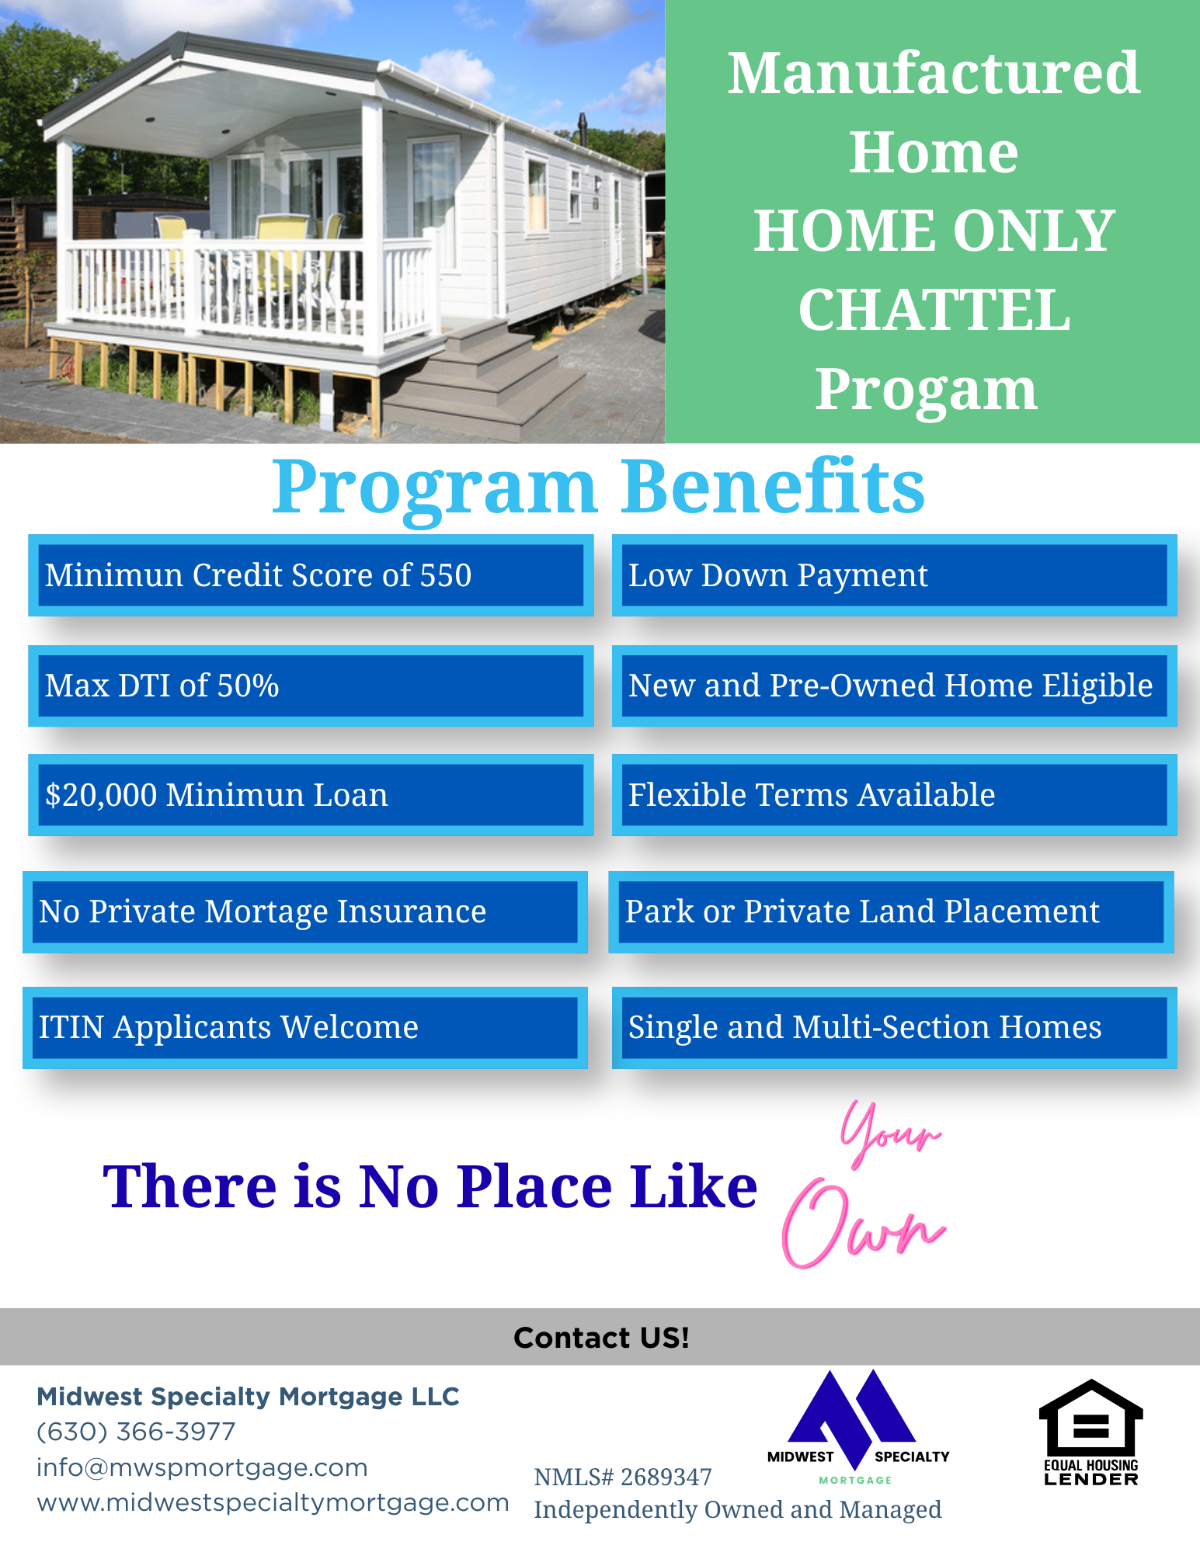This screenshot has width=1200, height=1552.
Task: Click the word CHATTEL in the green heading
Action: click(934, 310)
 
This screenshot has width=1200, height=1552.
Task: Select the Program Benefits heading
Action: click(598, 487)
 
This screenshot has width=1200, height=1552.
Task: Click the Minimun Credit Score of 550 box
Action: click(311, 575)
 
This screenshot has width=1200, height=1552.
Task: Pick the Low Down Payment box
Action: click(894, 575)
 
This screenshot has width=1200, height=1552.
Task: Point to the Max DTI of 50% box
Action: click(311, 686)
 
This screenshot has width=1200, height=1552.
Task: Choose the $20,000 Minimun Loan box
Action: click(311, 795)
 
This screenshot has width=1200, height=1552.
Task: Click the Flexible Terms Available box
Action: click(894, 795)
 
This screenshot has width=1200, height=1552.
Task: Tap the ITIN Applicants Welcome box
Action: click(305, 1027)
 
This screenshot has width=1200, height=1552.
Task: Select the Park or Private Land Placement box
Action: click(891, 911)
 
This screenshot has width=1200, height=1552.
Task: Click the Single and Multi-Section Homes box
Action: click(894, 1027)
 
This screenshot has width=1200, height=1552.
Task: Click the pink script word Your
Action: click(891, 1134)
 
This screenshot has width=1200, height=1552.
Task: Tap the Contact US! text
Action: click(601, 1337)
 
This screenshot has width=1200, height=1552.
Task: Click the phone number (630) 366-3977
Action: click(136, 1432)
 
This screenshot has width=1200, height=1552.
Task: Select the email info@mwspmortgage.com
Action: click(202, 1467)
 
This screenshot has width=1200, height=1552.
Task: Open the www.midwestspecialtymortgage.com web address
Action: click(273, 1502)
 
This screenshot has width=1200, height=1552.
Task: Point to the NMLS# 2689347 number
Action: click(623, 1477)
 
